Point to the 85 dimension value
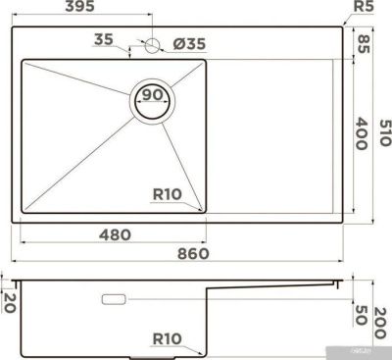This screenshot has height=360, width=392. [364, 44]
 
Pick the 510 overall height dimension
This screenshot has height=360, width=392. [384, 129]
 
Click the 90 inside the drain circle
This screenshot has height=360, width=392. [152, 94]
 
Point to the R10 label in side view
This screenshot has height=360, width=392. [168, 339]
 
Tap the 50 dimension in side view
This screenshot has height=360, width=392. [364, 315]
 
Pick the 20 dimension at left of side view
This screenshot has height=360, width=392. [8, 302]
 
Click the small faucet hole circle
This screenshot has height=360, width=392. [151, 44]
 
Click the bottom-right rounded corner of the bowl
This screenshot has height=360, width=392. [203, 210]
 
